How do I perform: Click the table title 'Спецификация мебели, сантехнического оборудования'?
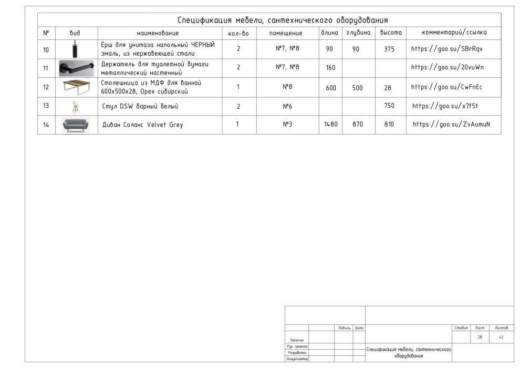283,21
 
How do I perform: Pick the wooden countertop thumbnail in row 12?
76,87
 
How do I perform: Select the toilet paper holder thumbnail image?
76,68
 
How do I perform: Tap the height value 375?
389,49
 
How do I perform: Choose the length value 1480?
331,125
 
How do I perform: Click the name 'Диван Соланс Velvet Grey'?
142,125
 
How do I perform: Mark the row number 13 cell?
46,106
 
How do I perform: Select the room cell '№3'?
287,125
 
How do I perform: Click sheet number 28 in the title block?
480,337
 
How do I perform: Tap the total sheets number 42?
501,337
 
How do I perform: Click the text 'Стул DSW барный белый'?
140,107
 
